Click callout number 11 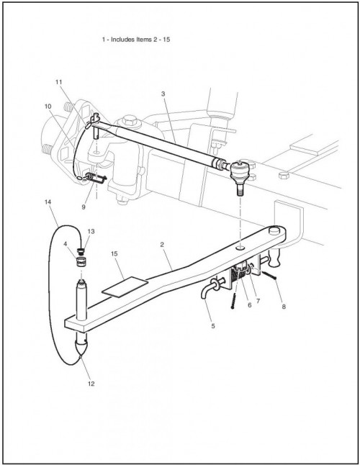point(59,82)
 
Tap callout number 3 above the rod point(163,94)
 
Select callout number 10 point(48,107)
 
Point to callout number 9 point(84,207)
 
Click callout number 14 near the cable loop point(48,202)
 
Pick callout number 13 point(91,231)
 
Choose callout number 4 point(66,244)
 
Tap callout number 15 point(114,254)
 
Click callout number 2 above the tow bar point(162,245)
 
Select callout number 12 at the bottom point(91,384)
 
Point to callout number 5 point(213,326)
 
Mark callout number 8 point(284,307)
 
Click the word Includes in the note point(123,40)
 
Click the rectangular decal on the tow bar point(125,286)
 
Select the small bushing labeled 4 point(80,262)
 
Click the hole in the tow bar point(240,247)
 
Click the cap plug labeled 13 point(81,252)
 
